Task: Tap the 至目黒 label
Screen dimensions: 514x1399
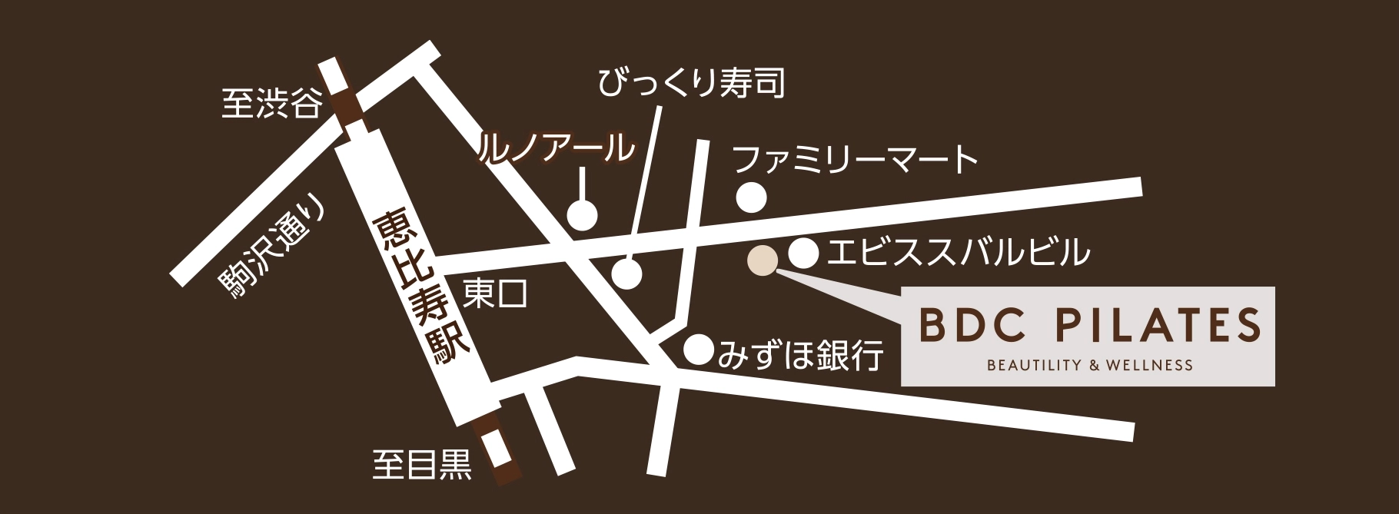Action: [x=422, y=464]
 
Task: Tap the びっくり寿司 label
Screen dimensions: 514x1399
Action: [x=692, y=83]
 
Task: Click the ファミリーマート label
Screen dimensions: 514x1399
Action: [x=856, y=161]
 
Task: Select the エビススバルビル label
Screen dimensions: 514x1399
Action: [x=958, y=251]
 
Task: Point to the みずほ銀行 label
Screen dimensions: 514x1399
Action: [x=799, y=354]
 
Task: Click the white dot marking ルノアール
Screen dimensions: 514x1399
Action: [x=582, y=214]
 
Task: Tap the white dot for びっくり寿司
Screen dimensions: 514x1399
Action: [x=627, y=273]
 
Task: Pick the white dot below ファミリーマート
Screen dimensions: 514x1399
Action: [x=751, y=198]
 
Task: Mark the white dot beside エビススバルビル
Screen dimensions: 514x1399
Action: [x=803, y=250]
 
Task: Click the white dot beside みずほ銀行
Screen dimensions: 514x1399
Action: [x=699, y=350]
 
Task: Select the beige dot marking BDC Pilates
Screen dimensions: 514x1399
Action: [x=763, y=260]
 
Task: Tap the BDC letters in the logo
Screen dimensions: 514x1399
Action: [x=972, y=326]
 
